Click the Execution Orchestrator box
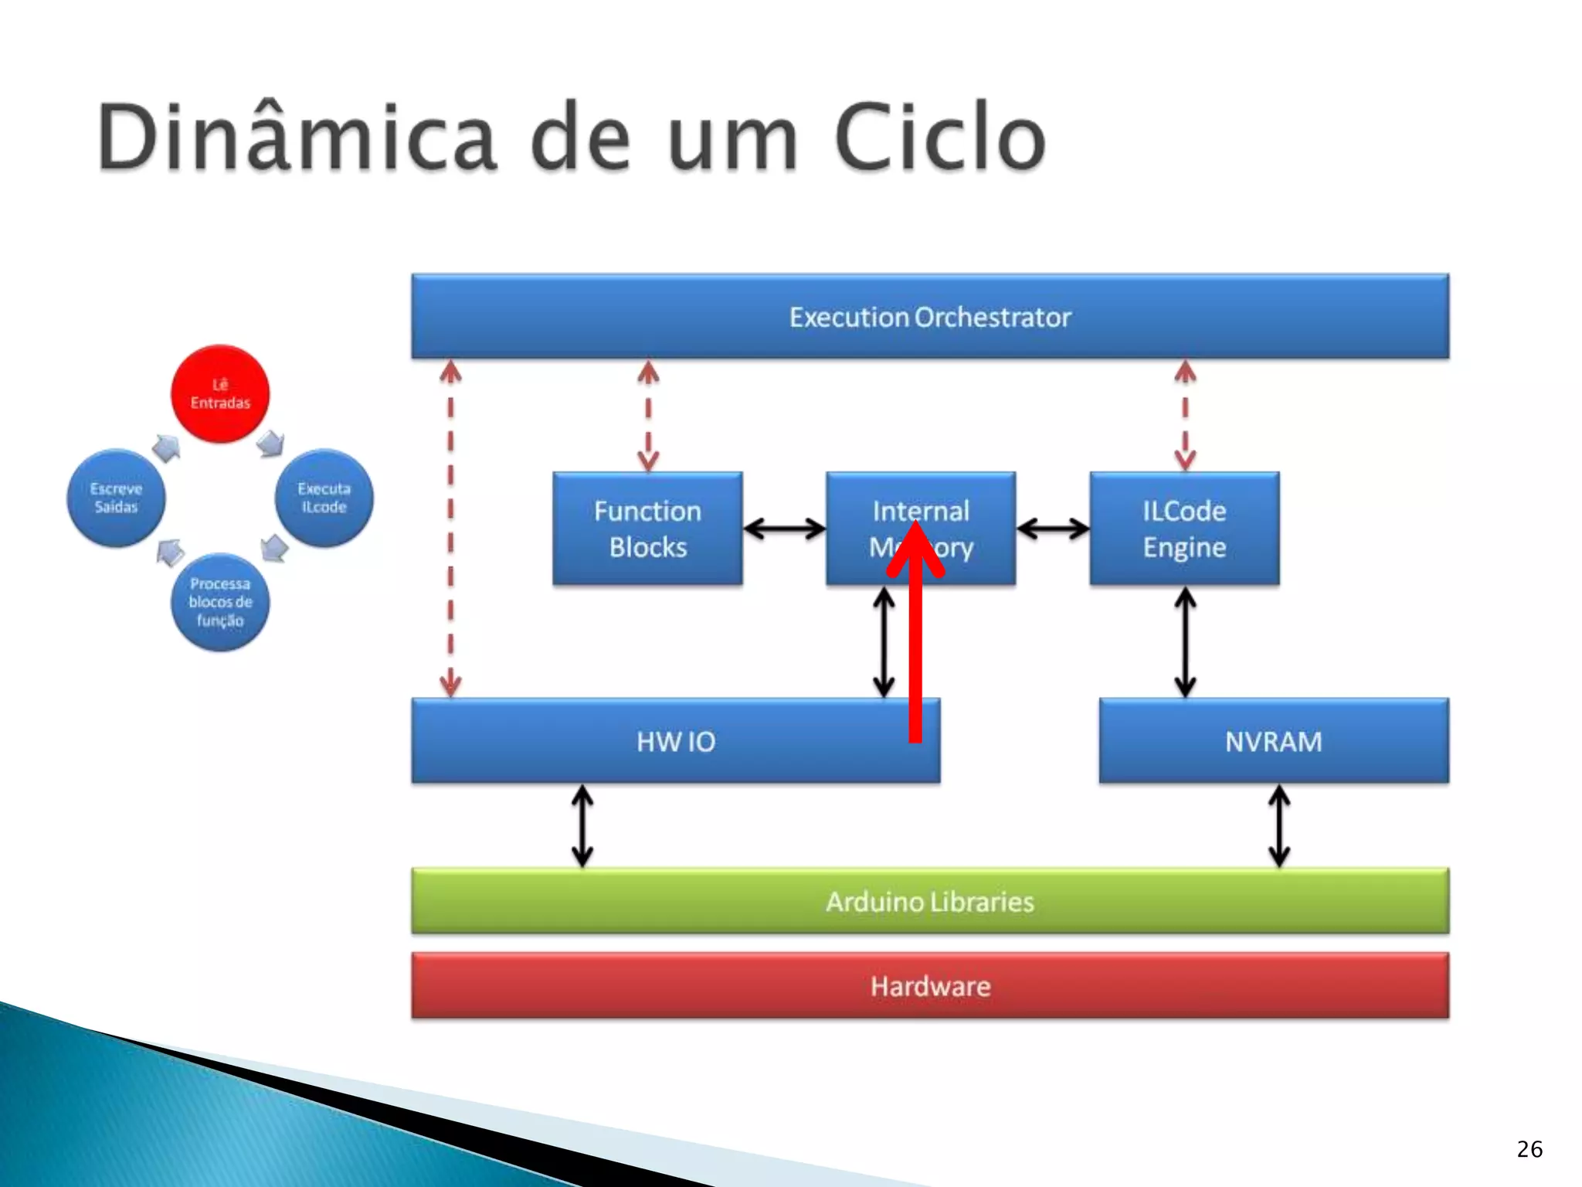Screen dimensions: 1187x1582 pos(930,316)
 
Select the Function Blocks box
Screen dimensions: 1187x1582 pos(647,529)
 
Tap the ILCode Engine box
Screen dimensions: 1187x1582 pos(1184,529)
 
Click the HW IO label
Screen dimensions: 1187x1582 pos(676,741)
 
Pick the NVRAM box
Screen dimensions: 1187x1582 pos(1273,741)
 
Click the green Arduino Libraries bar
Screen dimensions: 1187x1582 pos(930,901)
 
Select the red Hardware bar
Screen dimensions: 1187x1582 pos(930,986)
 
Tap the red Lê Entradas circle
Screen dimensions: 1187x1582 pos(220,393)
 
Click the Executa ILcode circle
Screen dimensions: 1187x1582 pos(324,498)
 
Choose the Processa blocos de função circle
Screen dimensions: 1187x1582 pos(220,602)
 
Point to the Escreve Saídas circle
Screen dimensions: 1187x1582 pos(116,498)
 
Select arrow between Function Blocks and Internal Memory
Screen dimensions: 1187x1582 pos(784,529)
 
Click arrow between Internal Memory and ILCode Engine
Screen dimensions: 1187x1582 pos(1053,529)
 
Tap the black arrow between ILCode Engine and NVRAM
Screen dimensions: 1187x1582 pos(1185,641)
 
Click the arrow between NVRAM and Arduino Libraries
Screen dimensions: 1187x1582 pos(1279,825)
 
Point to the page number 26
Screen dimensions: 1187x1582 pos(1529,1149)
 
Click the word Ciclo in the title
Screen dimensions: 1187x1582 pos(940,138)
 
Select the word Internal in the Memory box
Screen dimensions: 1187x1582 pos(921,511)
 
